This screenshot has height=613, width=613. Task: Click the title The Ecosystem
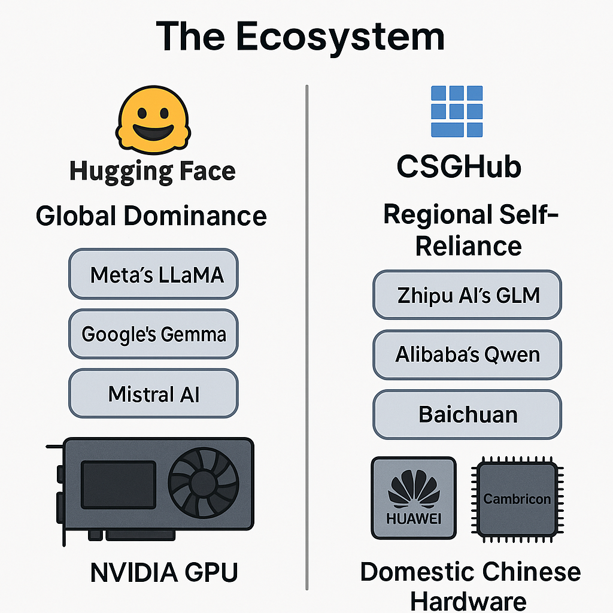(x=301, y=36)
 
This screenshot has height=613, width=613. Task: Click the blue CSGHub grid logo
(x=457, y=111)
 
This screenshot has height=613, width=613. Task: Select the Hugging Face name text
(x=153, y=171)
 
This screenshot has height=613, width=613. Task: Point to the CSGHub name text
(x=459, y=168)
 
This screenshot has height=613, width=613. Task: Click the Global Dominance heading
(x=151, y=216)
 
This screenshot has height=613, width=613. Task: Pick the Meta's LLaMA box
(x=153, y=275)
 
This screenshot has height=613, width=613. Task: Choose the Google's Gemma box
(x=153, y=333)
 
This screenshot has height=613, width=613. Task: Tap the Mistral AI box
(x=153, y=393)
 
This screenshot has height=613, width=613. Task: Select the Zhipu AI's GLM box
(x=468, y=295)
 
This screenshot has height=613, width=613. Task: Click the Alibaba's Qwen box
(x=468, y=354)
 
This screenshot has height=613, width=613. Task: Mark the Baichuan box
(x=468, y=414)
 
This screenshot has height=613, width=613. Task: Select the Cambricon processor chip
(x=517, y=498)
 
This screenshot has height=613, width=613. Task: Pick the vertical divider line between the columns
(x=307, y=335)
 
